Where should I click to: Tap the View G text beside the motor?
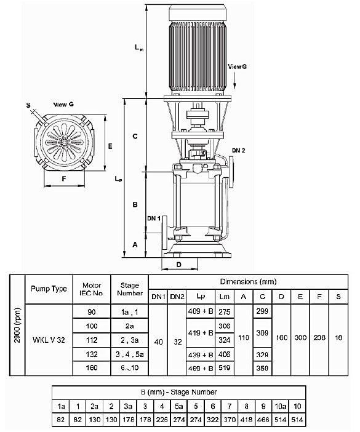pyautogui.click(x=237, y=65)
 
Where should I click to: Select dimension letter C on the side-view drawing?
pyautogui.click(x=135, y=135)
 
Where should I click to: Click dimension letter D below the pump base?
pyautogui.click(x=178, y=264)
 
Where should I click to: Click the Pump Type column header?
pyautogui.click(x=49, y=289)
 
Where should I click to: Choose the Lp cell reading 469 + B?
pyautogui.click(x=200, y=367)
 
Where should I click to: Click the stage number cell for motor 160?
pyautogui.click(x=130, y=367)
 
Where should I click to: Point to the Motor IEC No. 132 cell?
pyautogui.click(x=92, y=354)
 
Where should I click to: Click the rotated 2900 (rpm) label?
pyautogui.click(x=16, y=326)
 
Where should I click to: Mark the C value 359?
pyautogui.click(x=262, y=367)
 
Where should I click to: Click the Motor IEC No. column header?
pyautogui.click(x=92, y=289)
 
